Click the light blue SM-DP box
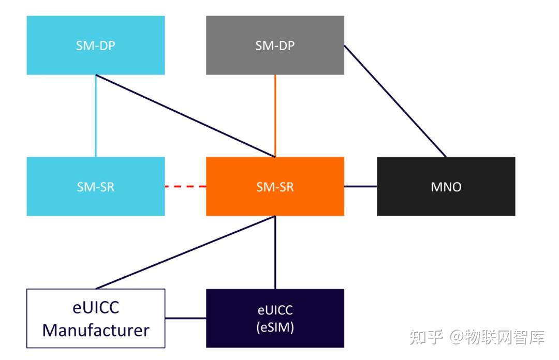[96, 46]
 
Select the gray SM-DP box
[275, 46]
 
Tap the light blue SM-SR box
[96, 186]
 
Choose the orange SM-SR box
[275, 186]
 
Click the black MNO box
[446, 186]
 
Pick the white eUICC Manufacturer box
[96, 318]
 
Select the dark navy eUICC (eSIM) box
[275, 318]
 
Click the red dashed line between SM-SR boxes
[185, 186]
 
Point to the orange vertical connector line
[275, 116]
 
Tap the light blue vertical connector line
[96, 116]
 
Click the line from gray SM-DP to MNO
[395, 101]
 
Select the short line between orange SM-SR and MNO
[361, 186]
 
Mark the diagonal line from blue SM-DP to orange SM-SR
[185, 116]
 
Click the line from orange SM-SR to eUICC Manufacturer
[185, 252]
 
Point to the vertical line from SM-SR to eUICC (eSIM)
[275, 252]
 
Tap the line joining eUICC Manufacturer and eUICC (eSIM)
[186, 318]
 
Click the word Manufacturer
[96, 330]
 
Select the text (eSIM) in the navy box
[275, 327]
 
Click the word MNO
[446, 187]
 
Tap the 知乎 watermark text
[426, 337]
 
